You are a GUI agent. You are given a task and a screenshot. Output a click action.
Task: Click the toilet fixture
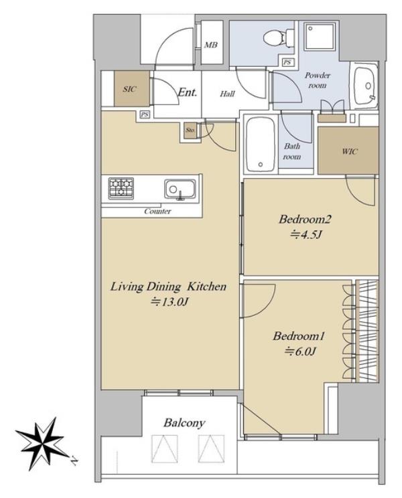tap(279, 37)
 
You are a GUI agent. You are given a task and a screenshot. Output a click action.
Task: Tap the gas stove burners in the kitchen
tap(121, 188)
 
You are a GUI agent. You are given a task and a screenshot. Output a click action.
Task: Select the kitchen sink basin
tap(180, 189)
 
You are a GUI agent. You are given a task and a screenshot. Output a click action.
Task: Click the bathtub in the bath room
tap(261, 145)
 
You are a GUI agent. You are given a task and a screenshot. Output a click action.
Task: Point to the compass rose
tap(43, 443)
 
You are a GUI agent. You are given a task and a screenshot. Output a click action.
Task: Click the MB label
tap(210, 45)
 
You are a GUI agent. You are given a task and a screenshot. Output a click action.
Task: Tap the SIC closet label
tap(130, 89)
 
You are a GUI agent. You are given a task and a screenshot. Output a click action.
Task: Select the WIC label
tap(350, 151)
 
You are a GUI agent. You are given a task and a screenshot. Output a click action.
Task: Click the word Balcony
tap(184, 423)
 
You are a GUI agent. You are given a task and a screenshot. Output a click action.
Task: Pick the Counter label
tap(157, 212)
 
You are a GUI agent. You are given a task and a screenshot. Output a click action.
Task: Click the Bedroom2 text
tap(305, 220)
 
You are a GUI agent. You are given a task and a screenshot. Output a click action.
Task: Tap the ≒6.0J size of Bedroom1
tap(300, 351)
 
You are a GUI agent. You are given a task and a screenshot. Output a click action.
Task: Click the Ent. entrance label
tap(187, 92)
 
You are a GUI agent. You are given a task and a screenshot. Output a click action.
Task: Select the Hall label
tap(228, 94)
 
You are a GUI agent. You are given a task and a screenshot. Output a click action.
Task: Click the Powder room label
tap(318, 80)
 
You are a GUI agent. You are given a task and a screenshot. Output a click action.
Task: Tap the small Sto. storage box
tap(190, 131)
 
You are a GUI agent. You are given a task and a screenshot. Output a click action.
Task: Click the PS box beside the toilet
tap(287, 62)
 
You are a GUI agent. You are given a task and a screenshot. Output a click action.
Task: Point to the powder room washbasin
tap(366, 86)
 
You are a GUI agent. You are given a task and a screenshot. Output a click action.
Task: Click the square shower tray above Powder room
tap(320, 36)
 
